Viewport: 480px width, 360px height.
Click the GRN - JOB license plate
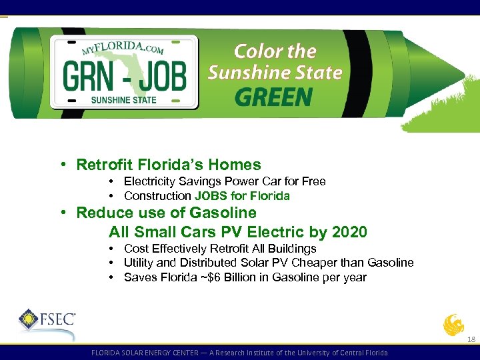pyautogui.click(x=125, y=72)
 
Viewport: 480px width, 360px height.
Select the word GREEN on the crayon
pyautogui.click(x=273, y=98)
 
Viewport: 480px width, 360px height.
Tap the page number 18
pyautogui.click(x=471, y=339)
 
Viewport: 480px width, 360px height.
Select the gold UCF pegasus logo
pyautogui.click(x=453, y=325)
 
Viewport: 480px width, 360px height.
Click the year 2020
pyautogui.click(x=349, y=232)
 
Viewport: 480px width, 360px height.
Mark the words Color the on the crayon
pyautogui.click(x=275, y=51)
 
